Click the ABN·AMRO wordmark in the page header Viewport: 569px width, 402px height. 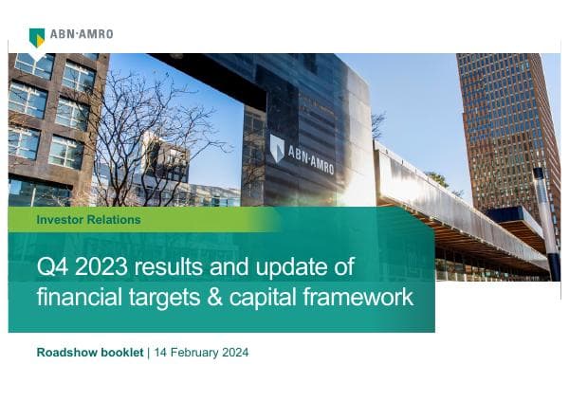coord(83,33)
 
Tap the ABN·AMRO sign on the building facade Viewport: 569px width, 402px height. coord(302,150)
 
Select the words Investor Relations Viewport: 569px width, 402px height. coord(88,219)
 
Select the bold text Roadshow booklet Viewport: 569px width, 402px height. coord(89,353)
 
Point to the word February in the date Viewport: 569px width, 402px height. coord(193,353)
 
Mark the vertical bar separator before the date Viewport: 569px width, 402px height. coord(147,353)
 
